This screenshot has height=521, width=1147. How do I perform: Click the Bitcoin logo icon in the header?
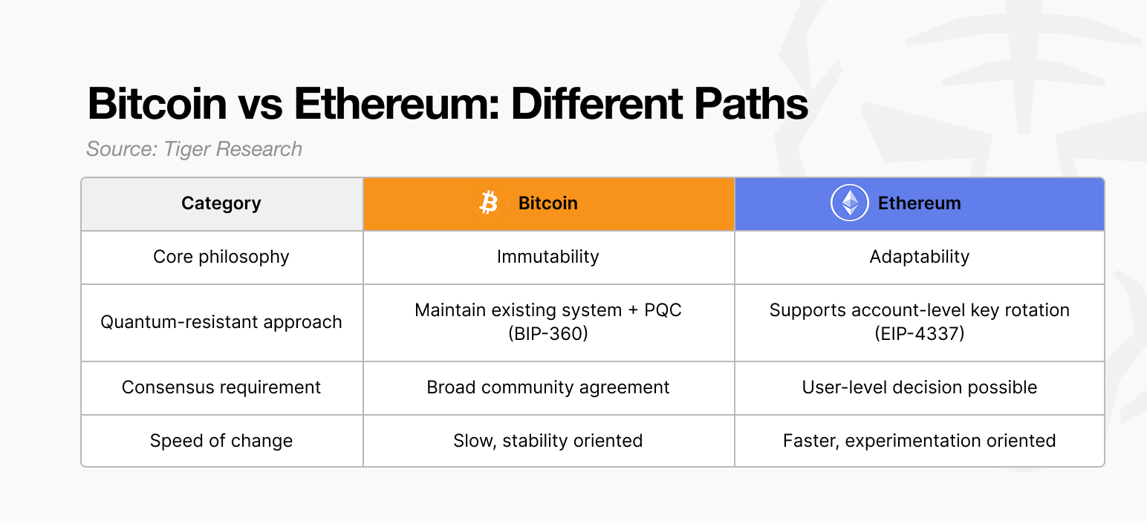pos(488,203)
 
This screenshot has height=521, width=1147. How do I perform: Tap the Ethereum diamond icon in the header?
pos(849,203)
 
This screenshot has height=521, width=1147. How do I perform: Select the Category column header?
pos(221,203)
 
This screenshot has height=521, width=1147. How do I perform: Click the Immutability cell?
pos(548,257)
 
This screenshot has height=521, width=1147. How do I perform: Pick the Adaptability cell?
pos(919,257)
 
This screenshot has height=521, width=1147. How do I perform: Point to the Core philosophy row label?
pos(221,257)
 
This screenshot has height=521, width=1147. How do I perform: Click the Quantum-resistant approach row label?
pos(221,322)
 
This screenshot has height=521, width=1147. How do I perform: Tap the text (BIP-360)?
pos(548,334)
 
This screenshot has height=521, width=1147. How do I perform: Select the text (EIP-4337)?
pos(919,334)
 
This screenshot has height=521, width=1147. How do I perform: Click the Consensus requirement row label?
pos(221,387)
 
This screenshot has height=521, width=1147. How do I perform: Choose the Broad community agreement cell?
pos(548,387)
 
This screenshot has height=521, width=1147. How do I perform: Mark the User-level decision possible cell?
pos(919,387)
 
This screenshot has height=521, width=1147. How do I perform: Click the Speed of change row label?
pos(221,441)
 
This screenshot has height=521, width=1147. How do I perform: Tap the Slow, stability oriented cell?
pos(548,441)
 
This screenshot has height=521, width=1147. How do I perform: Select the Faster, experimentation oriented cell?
pos(919,441)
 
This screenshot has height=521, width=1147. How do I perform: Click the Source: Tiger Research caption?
pos(195,149)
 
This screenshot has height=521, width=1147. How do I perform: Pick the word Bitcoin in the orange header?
pos(547,203)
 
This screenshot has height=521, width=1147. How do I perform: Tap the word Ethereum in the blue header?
pos(919,203)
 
